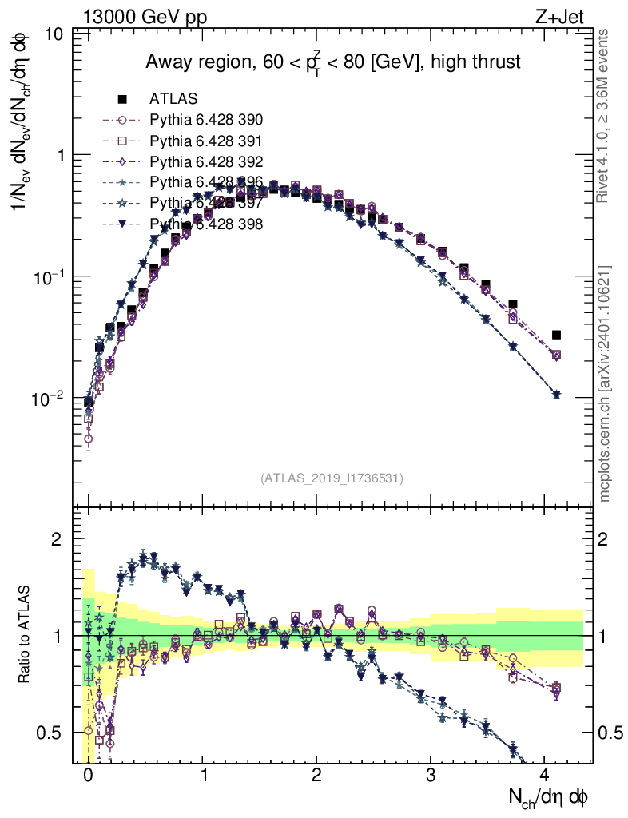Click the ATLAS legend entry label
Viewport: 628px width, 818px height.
(173, 99)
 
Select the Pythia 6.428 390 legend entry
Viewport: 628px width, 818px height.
(206, 120)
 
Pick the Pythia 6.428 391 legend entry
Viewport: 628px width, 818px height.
(206, 141)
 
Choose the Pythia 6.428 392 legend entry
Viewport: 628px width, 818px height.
(206, 161)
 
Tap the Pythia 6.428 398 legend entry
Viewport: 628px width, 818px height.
(206, 224)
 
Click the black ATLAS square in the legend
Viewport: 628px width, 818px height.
(122, 99)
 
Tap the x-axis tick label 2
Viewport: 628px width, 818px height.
(316, 776)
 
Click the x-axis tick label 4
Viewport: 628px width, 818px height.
(545, 776)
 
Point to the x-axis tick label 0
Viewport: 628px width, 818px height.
(88, 776)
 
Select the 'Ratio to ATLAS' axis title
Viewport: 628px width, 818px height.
(26, 636)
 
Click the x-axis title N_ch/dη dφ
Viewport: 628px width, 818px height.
(549, 797)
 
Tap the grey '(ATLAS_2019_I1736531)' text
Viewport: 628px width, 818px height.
(332, 478)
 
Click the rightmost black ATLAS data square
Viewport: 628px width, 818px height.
(557, 335)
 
